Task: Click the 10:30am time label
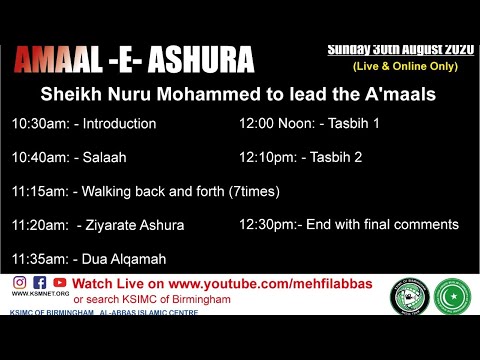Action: point(39,124)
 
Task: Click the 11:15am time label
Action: point(39,191)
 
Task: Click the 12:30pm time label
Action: point(267,224)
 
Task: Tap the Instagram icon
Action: point(19,283)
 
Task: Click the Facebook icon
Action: point(40,283)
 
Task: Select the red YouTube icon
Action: point(60,283)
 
